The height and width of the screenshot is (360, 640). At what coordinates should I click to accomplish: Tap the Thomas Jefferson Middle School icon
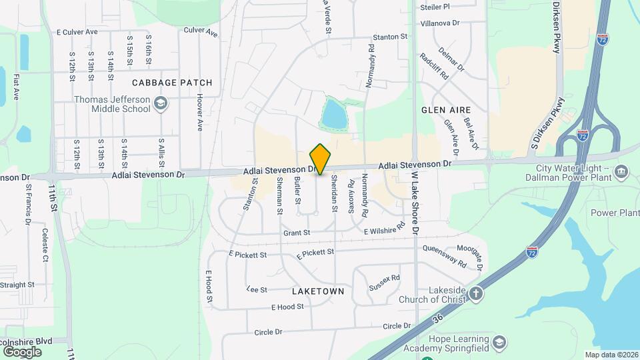[x=160, y=103]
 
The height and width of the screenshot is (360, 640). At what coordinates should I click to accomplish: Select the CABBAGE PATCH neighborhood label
[x=172, y=83]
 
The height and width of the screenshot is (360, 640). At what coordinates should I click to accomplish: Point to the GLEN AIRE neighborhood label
[x=446, y=109]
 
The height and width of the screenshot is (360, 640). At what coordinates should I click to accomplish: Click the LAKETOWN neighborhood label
[x=318, y=291]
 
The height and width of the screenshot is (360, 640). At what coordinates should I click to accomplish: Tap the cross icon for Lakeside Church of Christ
[x=475, y=293]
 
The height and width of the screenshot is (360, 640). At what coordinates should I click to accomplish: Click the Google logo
[x=22, y=351]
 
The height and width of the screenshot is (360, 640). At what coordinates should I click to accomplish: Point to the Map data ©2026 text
[x=611, y=355]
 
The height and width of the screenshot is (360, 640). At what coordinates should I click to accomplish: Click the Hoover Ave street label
[x=199, y=111]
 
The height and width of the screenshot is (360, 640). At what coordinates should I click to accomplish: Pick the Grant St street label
[x=297, y=233]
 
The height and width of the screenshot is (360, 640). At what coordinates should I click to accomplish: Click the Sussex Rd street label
[x=385, y=282]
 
